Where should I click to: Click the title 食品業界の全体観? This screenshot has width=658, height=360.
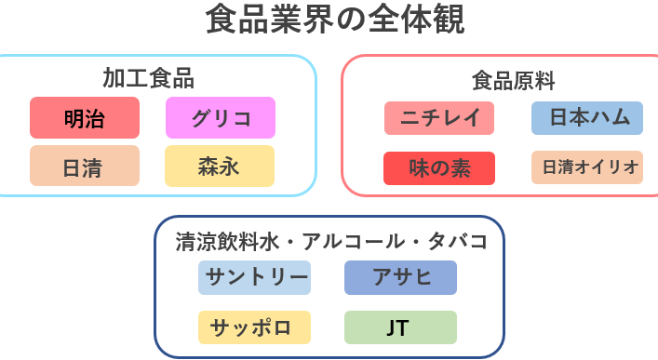pos(335,19)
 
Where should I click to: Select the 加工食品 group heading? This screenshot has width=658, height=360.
pos(148,78)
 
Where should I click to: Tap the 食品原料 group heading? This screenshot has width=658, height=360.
pos(513,81)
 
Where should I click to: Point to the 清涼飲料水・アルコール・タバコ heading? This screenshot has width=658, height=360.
pos(331,242)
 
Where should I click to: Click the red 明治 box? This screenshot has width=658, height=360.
pos(85,117)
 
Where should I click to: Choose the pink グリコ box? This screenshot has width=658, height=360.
pos(221,117)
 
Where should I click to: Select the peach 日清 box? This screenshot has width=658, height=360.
pos(85,166)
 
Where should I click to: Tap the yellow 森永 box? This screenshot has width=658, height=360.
pos(220,166)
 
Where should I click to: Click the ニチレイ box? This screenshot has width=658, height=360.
pos(439,118)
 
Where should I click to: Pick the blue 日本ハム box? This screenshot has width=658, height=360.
pos(587,118)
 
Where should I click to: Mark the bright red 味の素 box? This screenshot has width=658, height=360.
pos(439,168)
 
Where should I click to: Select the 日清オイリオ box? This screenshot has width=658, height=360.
pos(587,167)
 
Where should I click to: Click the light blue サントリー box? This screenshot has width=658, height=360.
pos(255,278)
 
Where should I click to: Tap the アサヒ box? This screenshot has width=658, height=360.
pos(401,278)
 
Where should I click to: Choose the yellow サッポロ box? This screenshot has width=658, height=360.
pos(255,327)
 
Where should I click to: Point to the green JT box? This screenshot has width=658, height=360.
pos(401,327)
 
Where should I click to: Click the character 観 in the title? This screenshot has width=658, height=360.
pos(449,19)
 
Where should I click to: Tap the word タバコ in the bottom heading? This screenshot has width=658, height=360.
pos(457,242)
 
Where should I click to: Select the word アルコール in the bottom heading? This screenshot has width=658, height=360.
pos(354,242)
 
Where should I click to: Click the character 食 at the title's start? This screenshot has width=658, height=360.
pos(222,19)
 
